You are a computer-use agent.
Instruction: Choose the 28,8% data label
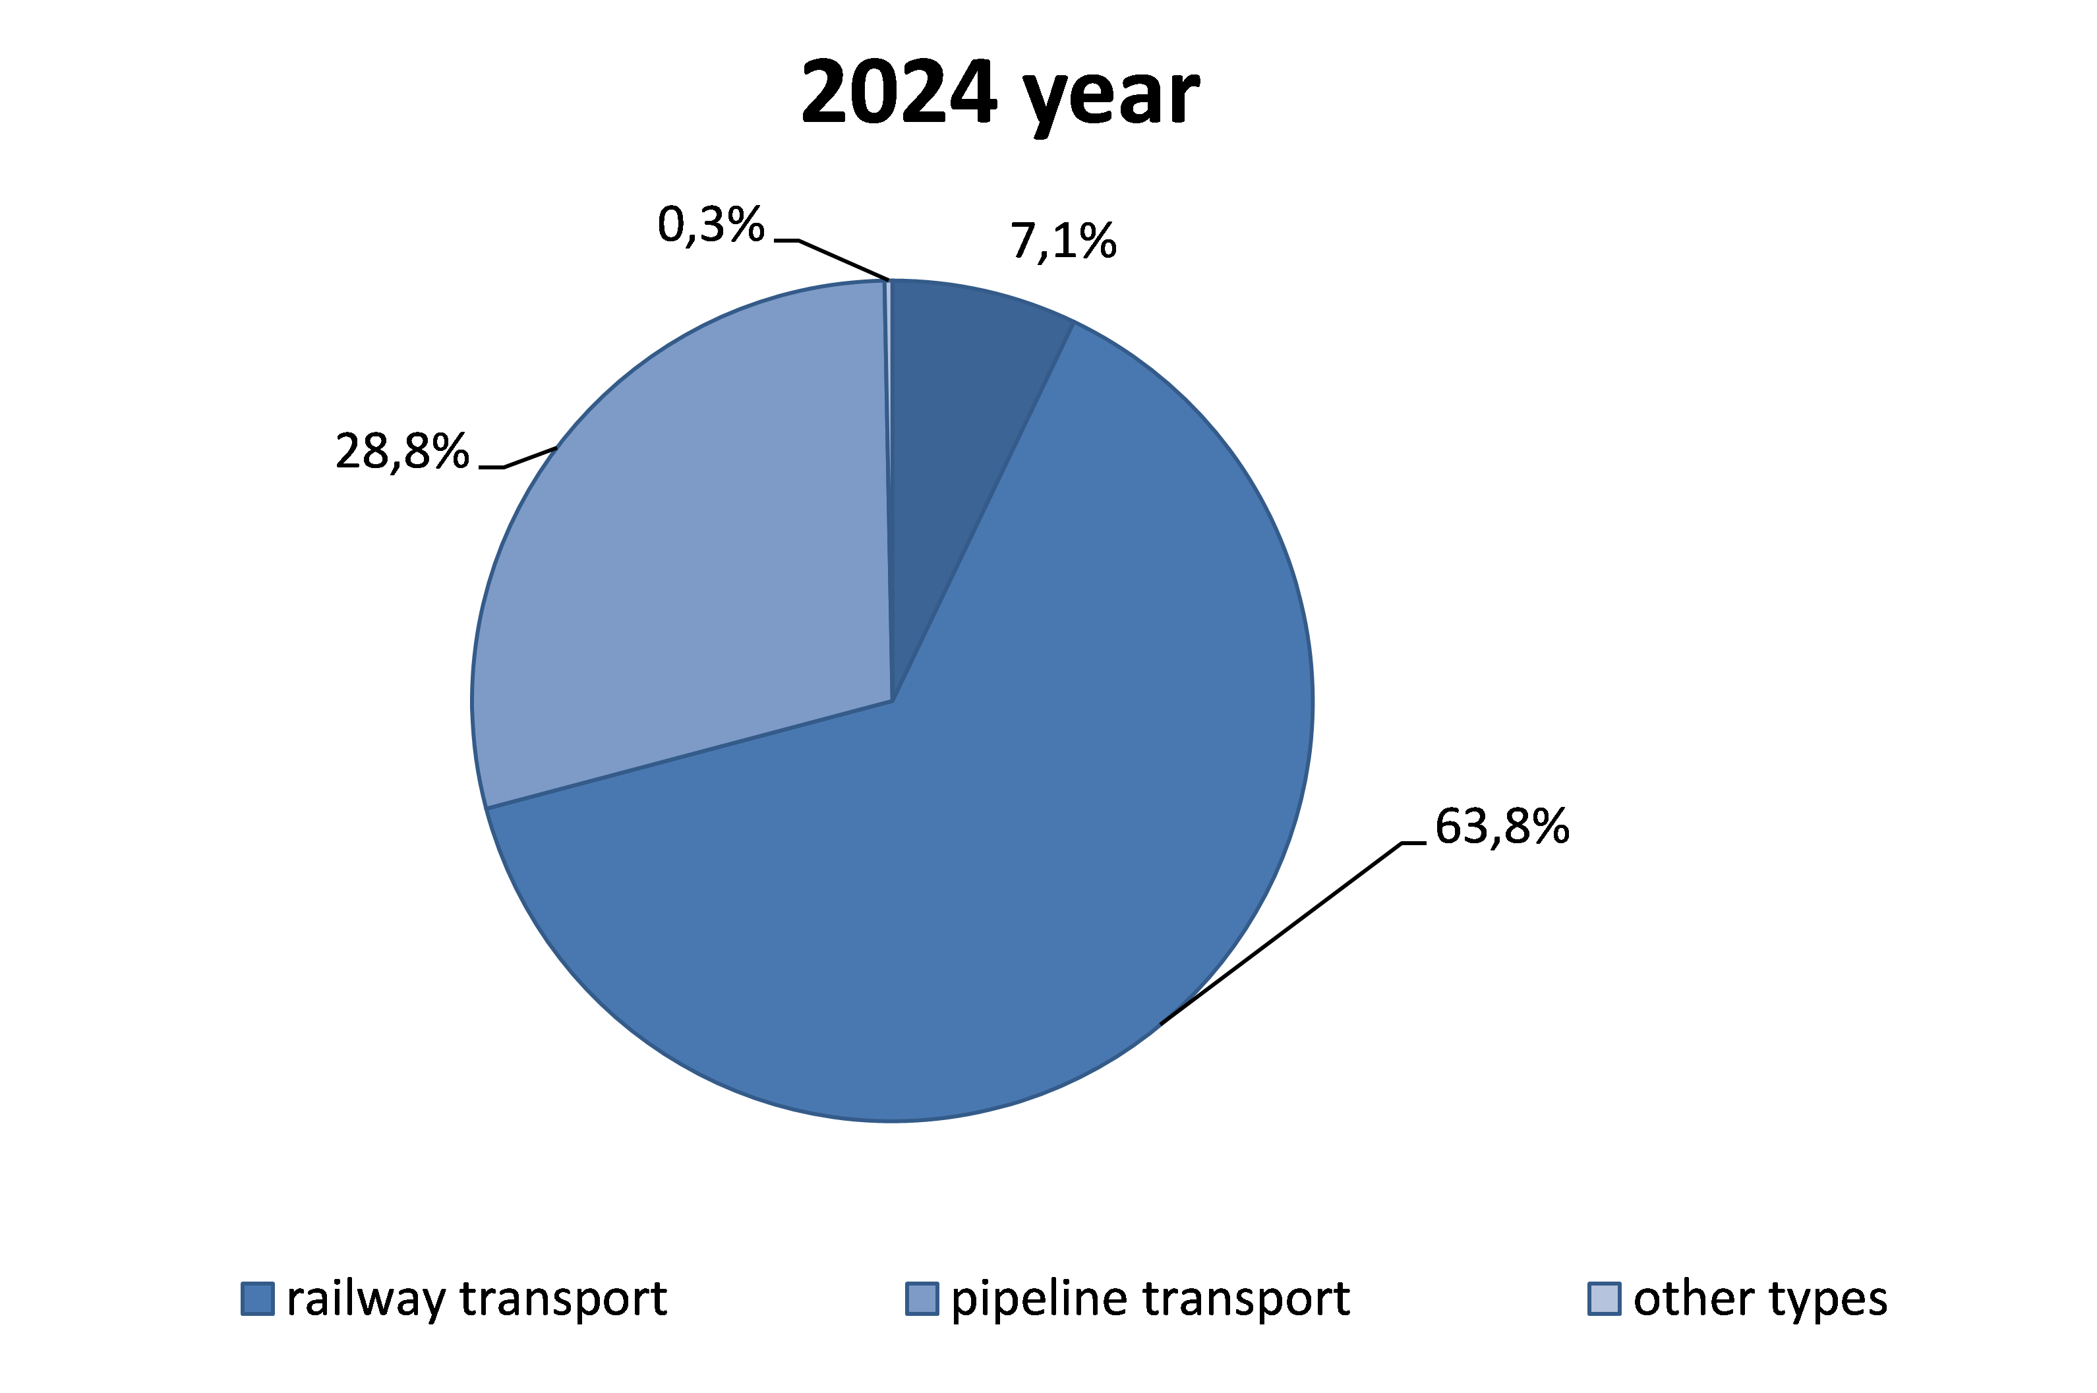(x=401, y=452)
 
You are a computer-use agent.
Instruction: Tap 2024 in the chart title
(x=898, y=92)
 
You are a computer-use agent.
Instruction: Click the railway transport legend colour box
(x=258, y=1299)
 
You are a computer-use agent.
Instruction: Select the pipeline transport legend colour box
(x=922, y=1299)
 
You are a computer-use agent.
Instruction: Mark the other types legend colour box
(x=1604, y=1299)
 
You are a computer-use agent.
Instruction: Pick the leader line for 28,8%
(x=529, y=458)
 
